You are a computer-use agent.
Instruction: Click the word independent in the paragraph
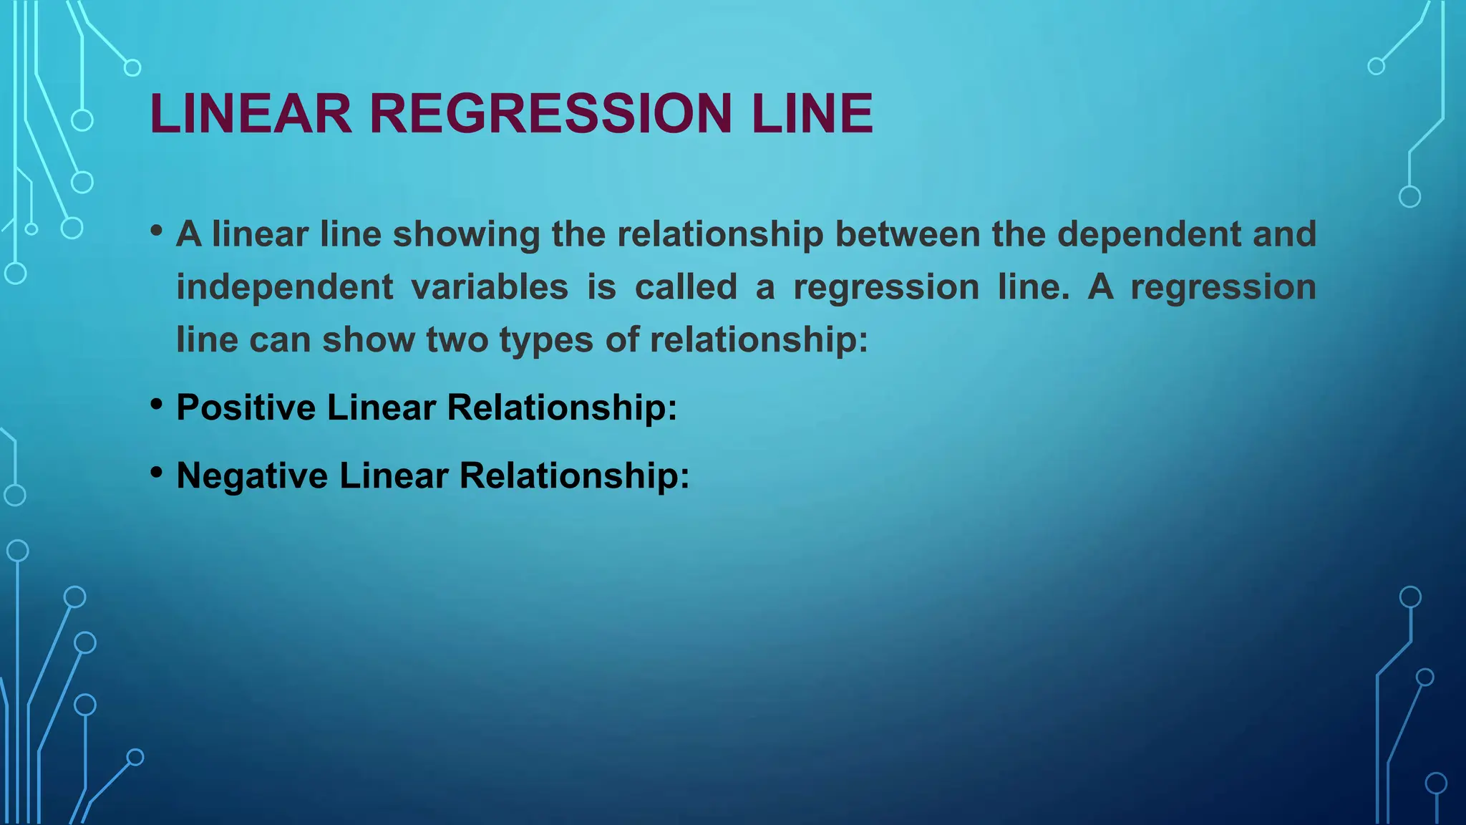pos(284,287)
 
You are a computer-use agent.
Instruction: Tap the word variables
pos(490,287)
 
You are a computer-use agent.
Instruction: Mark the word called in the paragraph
pos(686,287)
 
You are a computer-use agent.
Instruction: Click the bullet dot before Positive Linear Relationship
pos(157,405)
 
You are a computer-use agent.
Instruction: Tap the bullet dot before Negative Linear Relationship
pos(157,473)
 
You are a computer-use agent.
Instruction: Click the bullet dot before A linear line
pos(157,231)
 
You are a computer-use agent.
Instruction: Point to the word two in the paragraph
pos(457,339)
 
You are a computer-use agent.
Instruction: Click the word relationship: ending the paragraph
pos(759,339)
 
